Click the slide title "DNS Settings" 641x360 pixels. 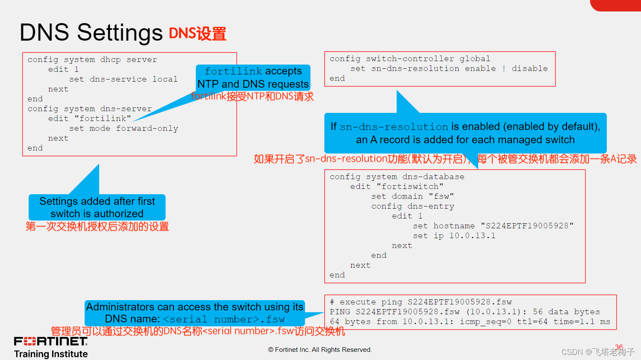coord(91,32)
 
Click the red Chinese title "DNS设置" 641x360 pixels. coord(197,34)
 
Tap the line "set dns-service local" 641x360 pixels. coord(123,79)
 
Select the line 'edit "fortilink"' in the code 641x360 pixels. coord(89,118)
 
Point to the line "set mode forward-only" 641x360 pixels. coord(123,128)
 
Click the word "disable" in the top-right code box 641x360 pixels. coord(529,68)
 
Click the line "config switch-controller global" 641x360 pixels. coord(409,59)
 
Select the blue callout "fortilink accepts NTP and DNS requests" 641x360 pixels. coord(253,77)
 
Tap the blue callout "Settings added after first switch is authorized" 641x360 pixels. coord(97,207)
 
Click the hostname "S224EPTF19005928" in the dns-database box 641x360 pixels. coord(527,226)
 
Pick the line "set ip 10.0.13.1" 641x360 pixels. coord(454,236)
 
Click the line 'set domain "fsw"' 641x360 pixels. coord(412,196)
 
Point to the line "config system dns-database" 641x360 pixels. coord(397,177)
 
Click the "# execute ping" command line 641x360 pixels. coord(420,302)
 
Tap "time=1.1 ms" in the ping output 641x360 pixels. coord(582,322)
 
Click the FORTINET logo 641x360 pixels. coord(51,341)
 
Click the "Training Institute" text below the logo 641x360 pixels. coord(51,354)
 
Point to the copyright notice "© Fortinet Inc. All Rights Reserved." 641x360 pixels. coord(320,350)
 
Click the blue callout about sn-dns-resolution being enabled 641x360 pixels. coord(465,133)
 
